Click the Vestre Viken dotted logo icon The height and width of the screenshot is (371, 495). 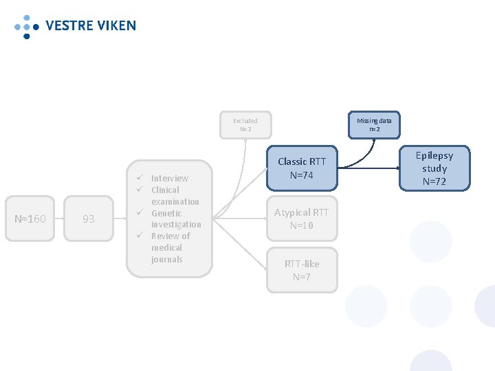tap(26, 26)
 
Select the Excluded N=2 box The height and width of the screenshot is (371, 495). tap(245, 125)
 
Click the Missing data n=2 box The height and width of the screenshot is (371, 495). tap(374, 124)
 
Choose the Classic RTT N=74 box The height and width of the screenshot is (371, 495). tap(302, 168)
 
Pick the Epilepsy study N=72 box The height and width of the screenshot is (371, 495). tap(434, 168)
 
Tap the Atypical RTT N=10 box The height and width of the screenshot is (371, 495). tap(302, 219)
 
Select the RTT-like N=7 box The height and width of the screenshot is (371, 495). tap(302, 270)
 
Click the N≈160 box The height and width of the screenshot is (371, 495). tap(30, 219)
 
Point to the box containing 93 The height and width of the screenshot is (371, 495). tap(89, 219)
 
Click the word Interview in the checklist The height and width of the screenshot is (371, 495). tap(169, 179)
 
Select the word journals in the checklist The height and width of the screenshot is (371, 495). tap(167, 260)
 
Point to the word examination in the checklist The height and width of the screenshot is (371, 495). tap(175, 202)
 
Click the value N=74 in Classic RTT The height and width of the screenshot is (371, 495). tap(302, 175)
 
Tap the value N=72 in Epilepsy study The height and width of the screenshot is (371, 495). tap(434, 182)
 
